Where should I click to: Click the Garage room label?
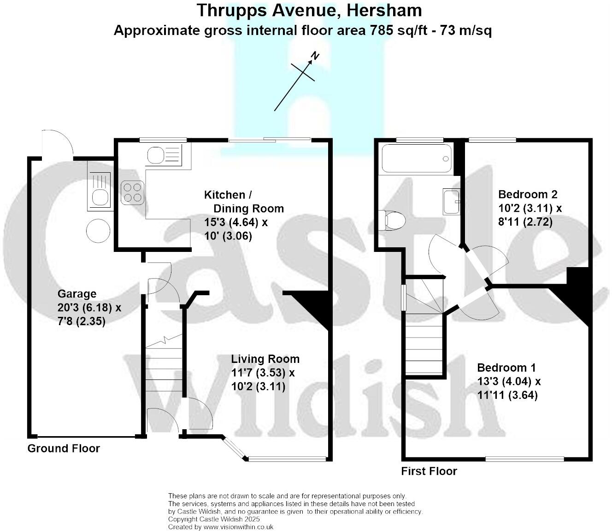pyautogui.click(x=76, y=294)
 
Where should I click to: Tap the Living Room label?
pyautogui.click(x=265, y=359)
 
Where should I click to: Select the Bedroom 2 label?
pyautogui.click(x=528, y=194)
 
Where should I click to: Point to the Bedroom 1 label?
pyautogui.click(x=506, y=368)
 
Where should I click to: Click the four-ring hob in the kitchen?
pyautogui.click(x=133, y=192)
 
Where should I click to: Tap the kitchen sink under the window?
pyautogui.click(x=164, y=155)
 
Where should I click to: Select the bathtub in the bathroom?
pyautogui.click(x=417, y=158)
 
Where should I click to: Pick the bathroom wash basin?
pyautogui.click(x=451, y=201)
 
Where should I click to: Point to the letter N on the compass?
pyautogui.click(x=315, y=56)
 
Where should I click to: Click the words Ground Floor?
pyautogui.click(x=64, y=449)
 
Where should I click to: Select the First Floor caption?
pyautogui.click(x=429, y=471)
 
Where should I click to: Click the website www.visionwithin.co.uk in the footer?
pyautogui.click(x=238, y=526)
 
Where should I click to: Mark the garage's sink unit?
pyautogui.click(x=100, y=191)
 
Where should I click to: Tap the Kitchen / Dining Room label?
pyautogui.click(x=243, y=201)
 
